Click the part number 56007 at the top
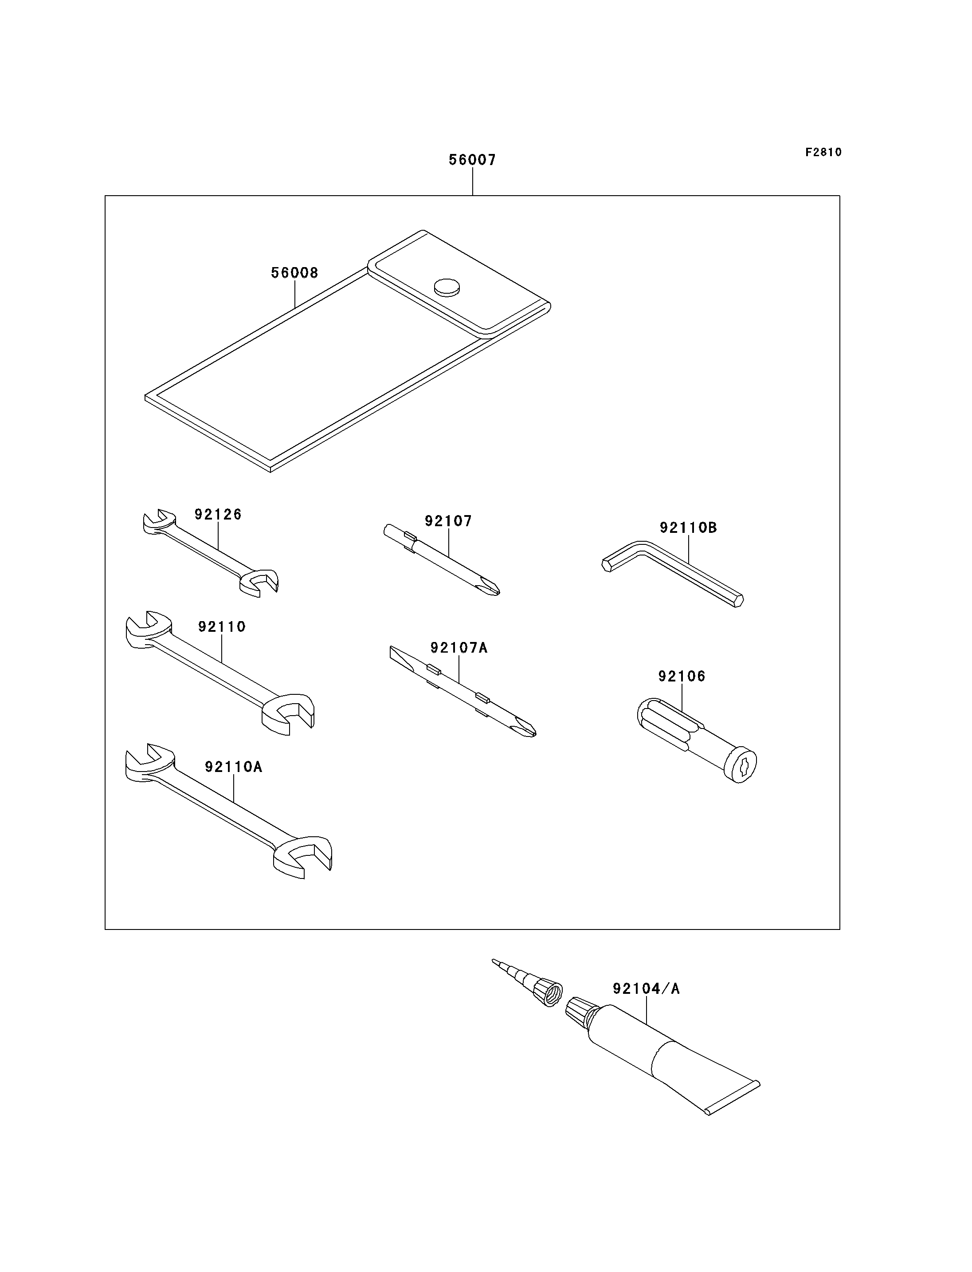[472, 160]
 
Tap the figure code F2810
[823, 152]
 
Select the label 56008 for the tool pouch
[294, 273]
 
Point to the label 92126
[218, 514]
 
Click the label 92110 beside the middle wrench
[222, 626]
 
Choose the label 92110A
[233, 767]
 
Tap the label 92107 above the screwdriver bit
[448, 521]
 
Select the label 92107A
[459, 647]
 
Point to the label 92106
[682, 676]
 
